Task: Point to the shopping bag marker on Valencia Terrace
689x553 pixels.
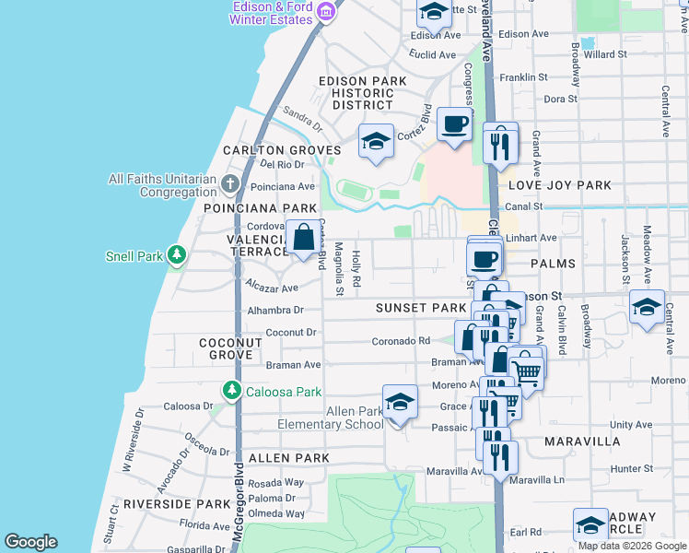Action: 303,239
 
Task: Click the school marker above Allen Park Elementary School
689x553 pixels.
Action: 400,403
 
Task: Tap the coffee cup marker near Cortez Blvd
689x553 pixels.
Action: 452,124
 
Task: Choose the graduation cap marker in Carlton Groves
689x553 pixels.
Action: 375,141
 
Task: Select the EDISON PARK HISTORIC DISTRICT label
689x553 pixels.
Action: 362,93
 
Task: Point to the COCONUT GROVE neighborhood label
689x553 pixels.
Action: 231,348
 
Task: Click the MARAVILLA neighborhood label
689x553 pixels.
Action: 582,441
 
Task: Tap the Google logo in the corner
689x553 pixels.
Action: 31,542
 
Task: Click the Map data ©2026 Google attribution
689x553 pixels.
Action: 632,546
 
